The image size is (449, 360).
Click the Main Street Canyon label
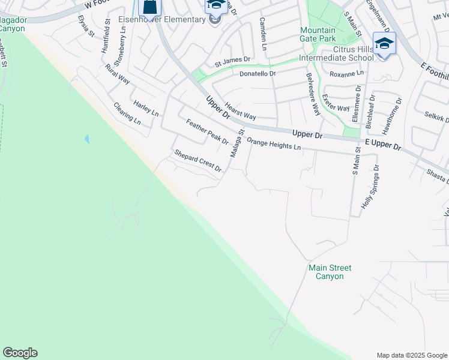330,272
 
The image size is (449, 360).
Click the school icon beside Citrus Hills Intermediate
384,44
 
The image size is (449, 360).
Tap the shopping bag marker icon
150,7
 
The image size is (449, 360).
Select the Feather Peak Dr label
207,132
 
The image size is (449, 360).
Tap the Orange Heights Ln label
274,145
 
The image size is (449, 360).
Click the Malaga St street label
238,144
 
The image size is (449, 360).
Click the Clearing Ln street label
127,113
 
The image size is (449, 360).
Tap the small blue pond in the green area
87,139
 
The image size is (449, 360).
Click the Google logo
20,353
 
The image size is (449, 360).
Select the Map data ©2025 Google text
412,355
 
